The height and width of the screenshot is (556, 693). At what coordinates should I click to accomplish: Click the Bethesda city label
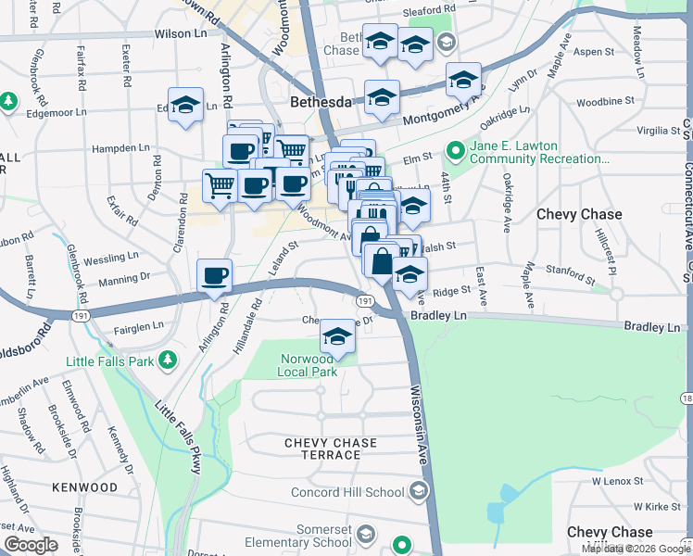(x=321, y=101)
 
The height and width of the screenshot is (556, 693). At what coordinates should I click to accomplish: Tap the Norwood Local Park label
(x=307, y=365)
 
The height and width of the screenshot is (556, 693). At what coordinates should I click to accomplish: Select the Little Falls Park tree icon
(x=168, y=359)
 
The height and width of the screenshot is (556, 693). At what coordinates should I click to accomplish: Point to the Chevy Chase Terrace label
(x=322, y=449)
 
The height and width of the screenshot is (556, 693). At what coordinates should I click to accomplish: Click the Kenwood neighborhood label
(x=84, y=487)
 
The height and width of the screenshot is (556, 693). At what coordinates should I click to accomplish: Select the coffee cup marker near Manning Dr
(x=215, y=275)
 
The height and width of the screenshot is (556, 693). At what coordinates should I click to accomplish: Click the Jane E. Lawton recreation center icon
(x=456, y=149)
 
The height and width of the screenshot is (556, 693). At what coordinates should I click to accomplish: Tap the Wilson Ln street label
(x=181, y=32)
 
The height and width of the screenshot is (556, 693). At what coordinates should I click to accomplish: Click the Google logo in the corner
(x=31, y=545)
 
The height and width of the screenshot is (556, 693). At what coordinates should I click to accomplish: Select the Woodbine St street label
(x=604, y=100)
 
